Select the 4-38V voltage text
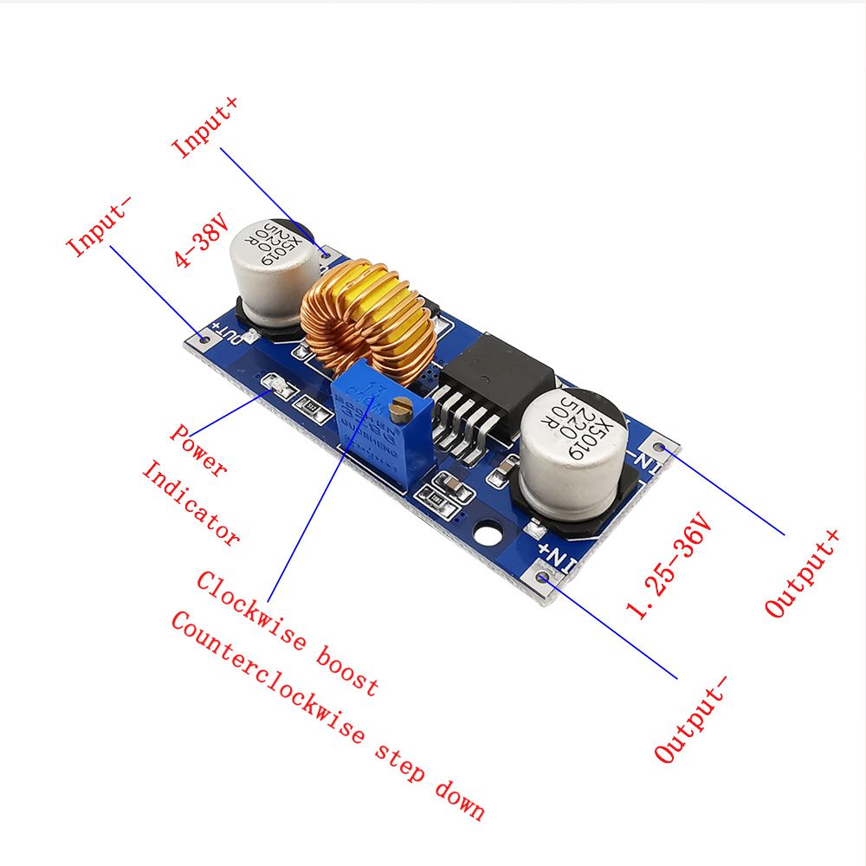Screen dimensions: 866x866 [x=200, y=243]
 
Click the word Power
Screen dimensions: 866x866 [x=198, y=451]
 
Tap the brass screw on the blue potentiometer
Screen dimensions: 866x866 [x=399, y=410]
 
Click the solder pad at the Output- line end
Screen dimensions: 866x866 [x=545, y=574]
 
